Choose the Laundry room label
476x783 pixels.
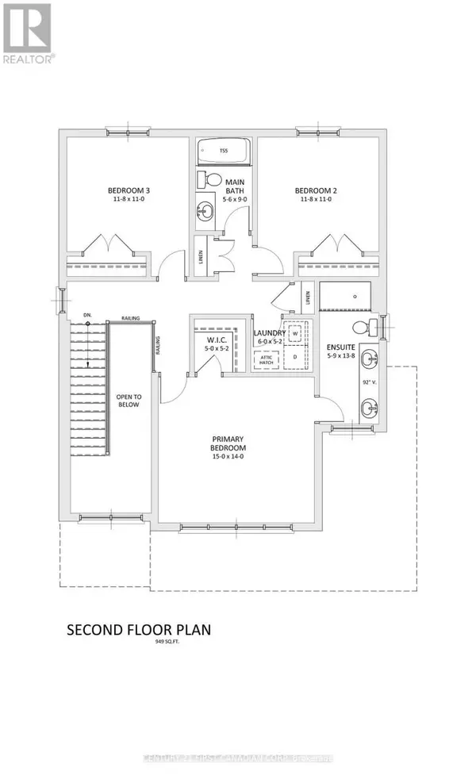coord(268,336)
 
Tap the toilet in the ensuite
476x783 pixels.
coord(363,326)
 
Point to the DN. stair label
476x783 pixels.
coord(87,315)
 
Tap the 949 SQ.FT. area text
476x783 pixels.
coord(139,644)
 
